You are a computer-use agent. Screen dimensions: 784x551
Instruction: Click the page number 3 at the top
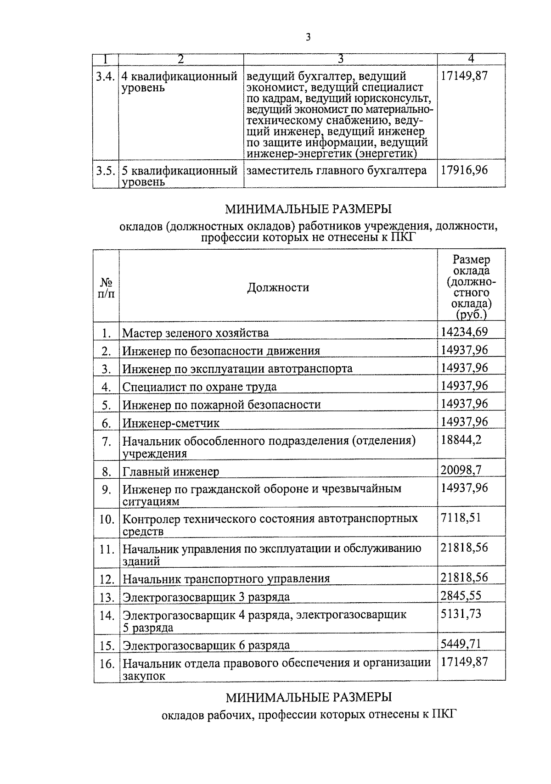308,37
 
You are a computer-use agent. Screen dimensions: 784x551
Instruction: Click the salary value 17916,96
464,170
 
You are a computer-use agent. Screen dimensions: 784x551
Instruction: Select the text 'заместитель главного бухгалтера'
337,171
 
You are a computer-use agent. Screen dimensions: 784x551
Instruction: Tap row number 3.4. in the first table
105,77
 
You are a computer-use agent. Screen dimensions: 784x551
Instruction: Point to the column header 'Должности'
278,288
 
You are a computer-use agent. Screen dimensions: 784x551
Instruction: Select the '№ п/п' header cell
106,288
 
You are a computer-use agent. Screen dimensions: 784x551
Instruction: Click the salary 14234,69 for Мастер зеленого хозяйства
464,332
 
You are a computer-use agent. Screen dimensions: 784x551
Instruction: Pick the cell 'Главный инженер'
170,471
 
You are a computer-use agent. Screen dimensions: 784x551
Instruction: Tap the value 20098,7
461,469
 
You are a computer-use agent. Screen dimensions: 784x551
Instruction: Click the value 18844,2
461,440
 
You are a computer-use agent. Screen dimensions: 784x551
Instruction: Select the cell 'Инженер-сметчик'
170,423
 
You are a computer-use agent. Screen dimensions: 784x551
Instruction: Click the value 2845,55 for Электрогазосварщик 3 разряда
461,595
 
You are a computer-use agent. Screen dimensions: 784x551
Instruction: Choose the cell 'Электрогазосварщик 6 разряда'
206,645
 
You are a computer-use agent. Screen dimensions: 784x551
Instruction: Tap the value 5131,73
461,614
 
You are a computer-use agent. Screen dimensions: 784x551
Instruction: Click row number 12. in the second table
107,579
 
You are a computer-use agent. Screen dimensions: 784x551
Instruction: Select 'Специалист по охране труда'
199,387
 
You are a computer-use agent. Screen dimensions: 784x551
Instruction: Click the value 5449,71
461,644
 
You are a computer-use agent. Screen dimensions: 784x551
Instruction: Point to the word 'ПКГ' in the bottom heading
445,714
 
